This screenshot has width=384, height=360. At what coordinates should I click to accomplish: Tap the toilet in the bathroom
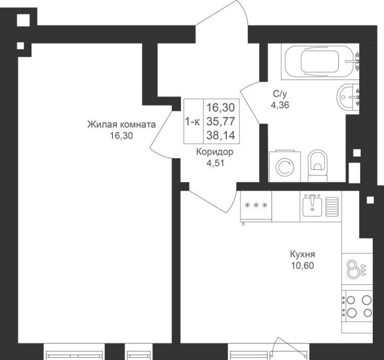(318, 166)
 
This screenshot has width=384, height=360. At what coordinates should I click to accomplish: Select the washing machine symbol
(285, 166)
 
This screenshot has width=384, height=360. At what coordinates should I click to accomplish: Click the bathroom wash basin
(348, 97)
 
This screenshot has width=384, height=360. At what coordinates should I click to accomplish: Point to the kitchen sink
(312, 205)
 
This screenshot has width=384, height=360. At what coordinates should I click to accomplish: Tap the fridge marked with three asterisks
(256, 206)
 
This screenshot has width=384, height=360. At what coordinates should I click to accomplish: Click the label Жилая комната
(122, 125)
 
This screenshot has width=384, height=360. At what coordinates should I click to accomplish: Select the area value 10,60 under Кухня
(302, 265)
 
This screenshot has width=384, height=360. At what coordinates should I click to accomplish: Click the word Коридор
(215, 152)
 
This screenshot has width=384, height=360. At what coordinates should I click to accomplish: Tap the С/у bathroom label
(280, 94)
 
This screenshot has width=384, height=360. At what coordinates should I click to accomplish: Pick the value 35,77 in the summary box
(221, 121)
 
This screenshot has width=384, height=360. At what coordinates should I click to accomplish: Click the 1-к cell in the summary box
(193, 121)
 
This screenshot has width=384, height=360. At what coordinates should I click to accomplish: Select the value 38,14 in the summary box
(221, 135)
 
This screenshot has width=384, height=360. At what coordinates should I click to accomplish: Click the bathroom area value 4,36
(280, 105)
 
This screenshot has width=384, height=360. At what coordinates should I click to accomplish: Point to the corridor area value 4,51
(215, 163)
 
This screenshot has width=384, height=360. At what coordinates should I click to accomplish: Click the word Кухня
(302, 254)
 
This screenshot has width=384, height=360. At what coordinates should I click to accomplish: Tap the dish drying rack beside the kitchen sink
(332, 207)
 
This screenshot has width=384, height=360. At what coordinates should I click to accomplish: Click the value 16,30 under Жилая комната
(121, 135)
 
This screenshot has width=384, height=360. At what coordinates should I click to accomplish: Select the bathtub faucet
(354, 60)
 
